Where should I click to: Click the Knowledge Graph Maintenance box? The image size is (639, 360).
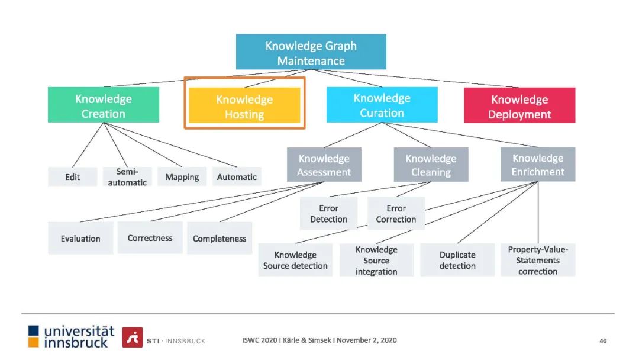(311, 52)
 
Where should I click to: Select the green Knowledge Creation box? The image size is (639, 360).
(103, 105)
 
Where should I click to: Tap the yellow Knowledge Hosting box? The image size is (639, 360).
(244, 107)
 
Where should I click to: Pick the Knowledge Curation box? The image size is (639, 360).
(382, 105)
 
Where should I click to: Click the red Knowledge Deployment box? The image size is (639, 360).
(519, 106)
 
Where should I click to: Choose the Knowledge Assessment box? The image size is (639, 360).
(324, 165)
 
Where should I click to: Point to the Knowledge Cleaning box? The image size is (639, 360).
(431, 165)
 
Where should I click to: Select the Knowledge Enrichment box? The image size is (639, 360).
(538, 165)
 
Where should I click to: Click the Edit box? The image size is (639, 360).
(72, 177)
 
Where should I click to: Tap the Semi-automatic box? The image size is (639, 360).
(127, 176)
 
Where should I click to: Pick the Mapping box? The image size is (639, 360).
(182, 177)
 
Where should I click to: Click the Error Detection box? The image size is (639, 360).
(328, 214)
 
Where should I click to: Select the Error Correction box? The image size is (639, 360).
(396, 214)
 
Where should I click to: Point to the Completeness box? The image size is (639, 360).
(220, 238)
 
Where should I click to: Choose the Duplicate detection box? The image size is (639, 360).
(457, 260)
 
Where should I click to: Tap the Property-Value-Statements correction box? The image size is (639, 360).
(538, 260)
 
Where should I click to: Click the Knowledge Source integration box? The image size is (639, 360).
(376, 260)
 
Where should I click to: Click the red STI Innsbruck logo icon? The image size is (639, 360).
(133, 337)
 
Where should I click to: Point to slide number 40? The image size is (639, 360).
(603, 340)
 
